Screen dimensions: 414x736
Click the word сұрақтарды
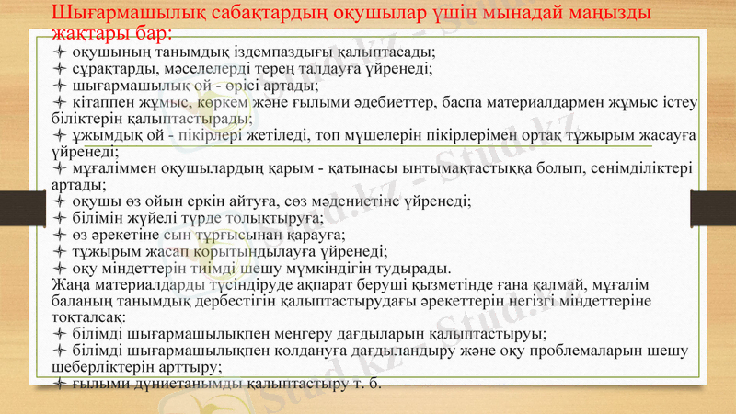[110, 68]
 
